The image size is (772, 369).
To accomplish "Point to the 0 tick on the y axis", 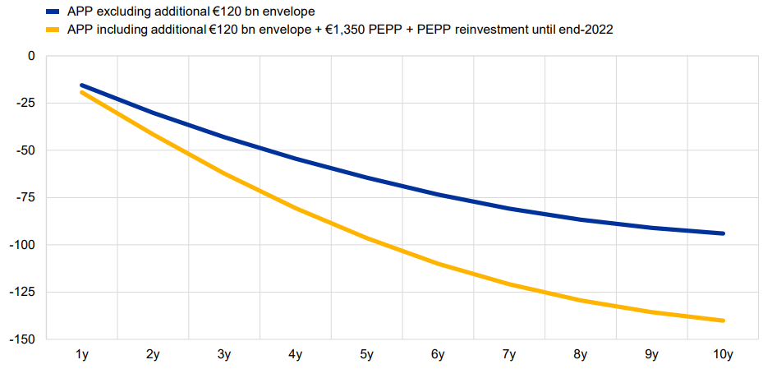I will pos(32,56).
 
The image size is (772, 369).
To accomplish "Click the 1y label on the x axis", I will pos(82,355).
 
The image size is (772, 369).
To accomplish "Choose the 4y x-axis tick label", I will pos(296,355).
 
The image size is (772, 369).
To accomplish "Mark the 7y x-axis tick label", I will pos(509,355).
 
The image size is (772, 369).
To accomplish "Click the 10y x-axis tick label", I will pos(723,355).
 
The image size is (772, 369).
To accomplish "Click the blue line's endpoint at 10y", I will pos(724,233).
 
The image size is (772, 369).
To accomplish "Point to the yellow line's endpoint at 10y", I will pos(724,321).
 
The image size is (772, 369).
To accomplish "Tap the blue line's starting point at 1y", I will pos(82,85).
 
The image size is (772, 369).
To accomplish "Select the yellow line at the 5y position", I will pos(367,238).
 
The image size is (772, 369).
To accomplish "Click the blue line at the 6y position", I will pos(439,195).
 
